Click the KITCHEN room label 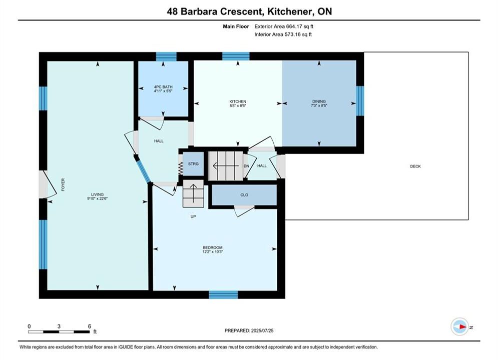pyautogui.click(x=238, y=101)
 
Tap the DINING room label pyautogui.click(x=319, y=101)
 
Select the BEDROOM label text pyautogui.click(x=213, y=247)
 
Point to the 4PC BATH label pyautogui.click(x=163, y=87)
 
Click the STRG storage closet pyautogui.click(x=193, y=164)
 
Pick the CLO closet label pyautogui.click(x=244, y=194)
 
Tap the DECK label pyautogui.click(x=415, y=166)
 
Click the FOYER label pyautogui.click(x=63, y=184)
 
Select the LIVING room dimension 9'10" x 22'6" pyautogui.click(x=98, y=198)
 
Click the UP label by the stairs pyautogui.click(x=193, y=216)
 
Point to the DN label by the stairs pyautogui.click(x=246, y=166)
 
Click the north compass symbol pyautogui.click(x=459, y=326)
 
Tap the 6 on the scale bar pyautogui.click(x=90, y=326)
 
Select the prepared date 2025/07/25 pyautogui.click(x=262, y=330)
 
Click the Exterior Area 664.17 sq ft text pyautogui.click(x=284, y=26)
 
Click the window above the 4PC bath pyautogui.click(x=166, y=56)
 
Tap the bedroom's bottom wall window pyautogui.click(x=223, y=294)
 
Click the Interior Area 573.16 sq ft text pyautogui.click(x=283, y=34)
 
